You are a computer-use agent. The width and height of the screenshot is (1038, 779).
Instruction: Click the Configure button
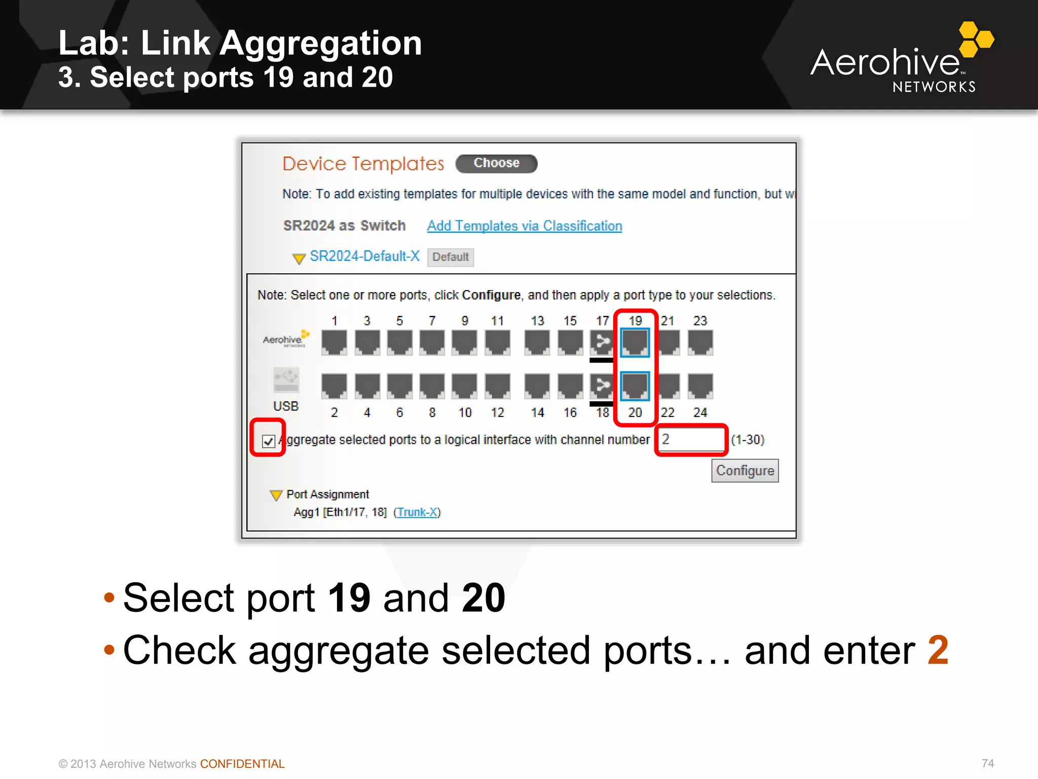click(x=745, y=471)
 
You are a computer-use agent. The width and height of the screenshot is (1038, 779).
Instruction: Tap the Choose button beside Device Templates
click(x=496, y=163)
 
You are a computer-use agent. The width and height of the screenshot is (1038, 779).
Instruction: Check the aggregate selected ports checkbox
click(x=269, y=441)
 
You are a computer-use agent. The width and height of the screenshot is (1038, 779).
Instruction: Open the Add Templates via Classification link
click(x=525, y=226)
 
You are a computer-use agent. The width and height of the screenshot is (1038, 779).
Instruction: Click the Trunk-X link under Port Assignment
click(x=417, y=512)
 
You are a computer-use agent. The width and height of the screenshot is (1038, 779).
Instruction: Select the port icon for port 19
click(x=635, y=342)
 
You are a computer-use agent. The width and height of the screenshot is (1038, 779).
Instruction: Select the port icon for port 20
click(x=635, y=386)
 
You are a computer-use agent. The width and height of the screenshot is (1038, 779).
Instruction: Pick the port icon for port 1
click(x=335, y=342)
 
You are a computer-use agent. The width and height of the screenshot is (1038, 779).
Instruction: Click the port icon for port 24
click(x=700, y=386)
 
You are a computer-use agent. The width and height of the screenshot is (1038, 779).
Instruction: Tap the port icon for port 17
click(x=602, y=342)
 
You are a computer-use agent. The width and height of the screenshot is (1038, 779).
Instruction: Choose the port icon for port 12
click(x=498, y=386)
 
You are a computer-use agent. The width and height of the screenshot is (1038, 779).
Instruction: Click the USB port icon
click(x=286, y=380)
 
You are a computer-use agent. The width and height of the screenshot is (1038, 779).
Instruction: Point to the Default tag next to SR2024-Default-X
click(x=450, y=257)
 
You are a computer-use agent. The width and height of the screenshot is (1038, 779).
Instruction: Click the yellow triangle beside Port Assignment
click(x=276, y=495)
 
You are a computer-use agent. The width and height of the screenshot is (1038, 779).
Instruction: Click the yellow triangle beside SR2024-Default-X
click(x=299, y=259)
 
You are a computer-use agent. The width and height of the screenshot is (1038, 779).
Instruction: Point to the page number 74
click(x=987, y=763)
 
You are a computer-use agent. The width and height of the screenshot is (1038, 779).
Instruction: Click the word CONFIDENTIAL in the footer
click(x=242, y=764)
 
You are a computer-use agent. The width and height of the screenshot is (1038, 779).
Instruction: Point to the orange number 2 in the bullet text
click(x=938, y=650)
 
